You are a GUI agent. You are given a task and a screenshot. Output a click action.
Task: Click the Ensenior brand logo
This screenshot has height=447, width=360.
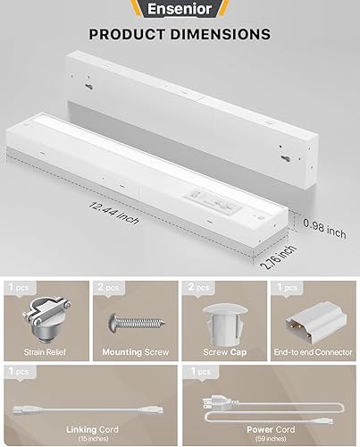[179, 10]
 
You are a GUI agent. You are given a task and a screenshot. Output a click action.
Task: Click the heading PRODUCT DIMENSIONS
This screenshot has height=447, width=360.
[180, 35]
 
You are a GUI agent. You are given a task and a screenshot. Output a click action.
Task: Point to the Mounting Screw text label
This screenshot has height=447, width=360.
[134, 351]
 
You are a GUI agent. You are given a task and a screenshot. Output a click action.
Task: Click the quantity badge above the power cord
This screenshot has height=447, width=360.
[197, 370]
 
